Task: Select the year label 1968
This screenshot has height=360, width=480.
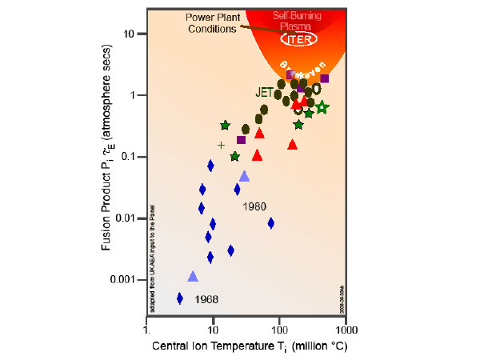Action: tap(204, 300)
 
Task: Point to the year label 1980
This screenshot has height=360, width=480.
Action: tap(254, 206)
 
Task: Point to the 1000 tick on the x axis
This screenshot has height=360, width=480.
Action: tap(346, 330)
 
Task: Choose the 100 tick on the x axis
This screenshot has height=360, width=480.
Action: tap(278, 330)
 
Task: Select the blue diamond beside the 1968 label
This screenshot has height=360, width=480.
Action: tap(180, 298)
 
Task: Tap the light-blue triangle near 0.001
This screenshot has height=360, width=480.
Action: tap(193, 276)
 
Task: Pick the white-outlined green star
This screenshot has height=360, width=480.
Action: tap(322, 107)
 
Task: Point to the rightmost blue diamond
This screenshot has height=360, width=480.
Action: tap(271, 223)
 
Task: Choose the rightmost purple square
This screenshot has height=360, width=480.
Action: tap(325, 78)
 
